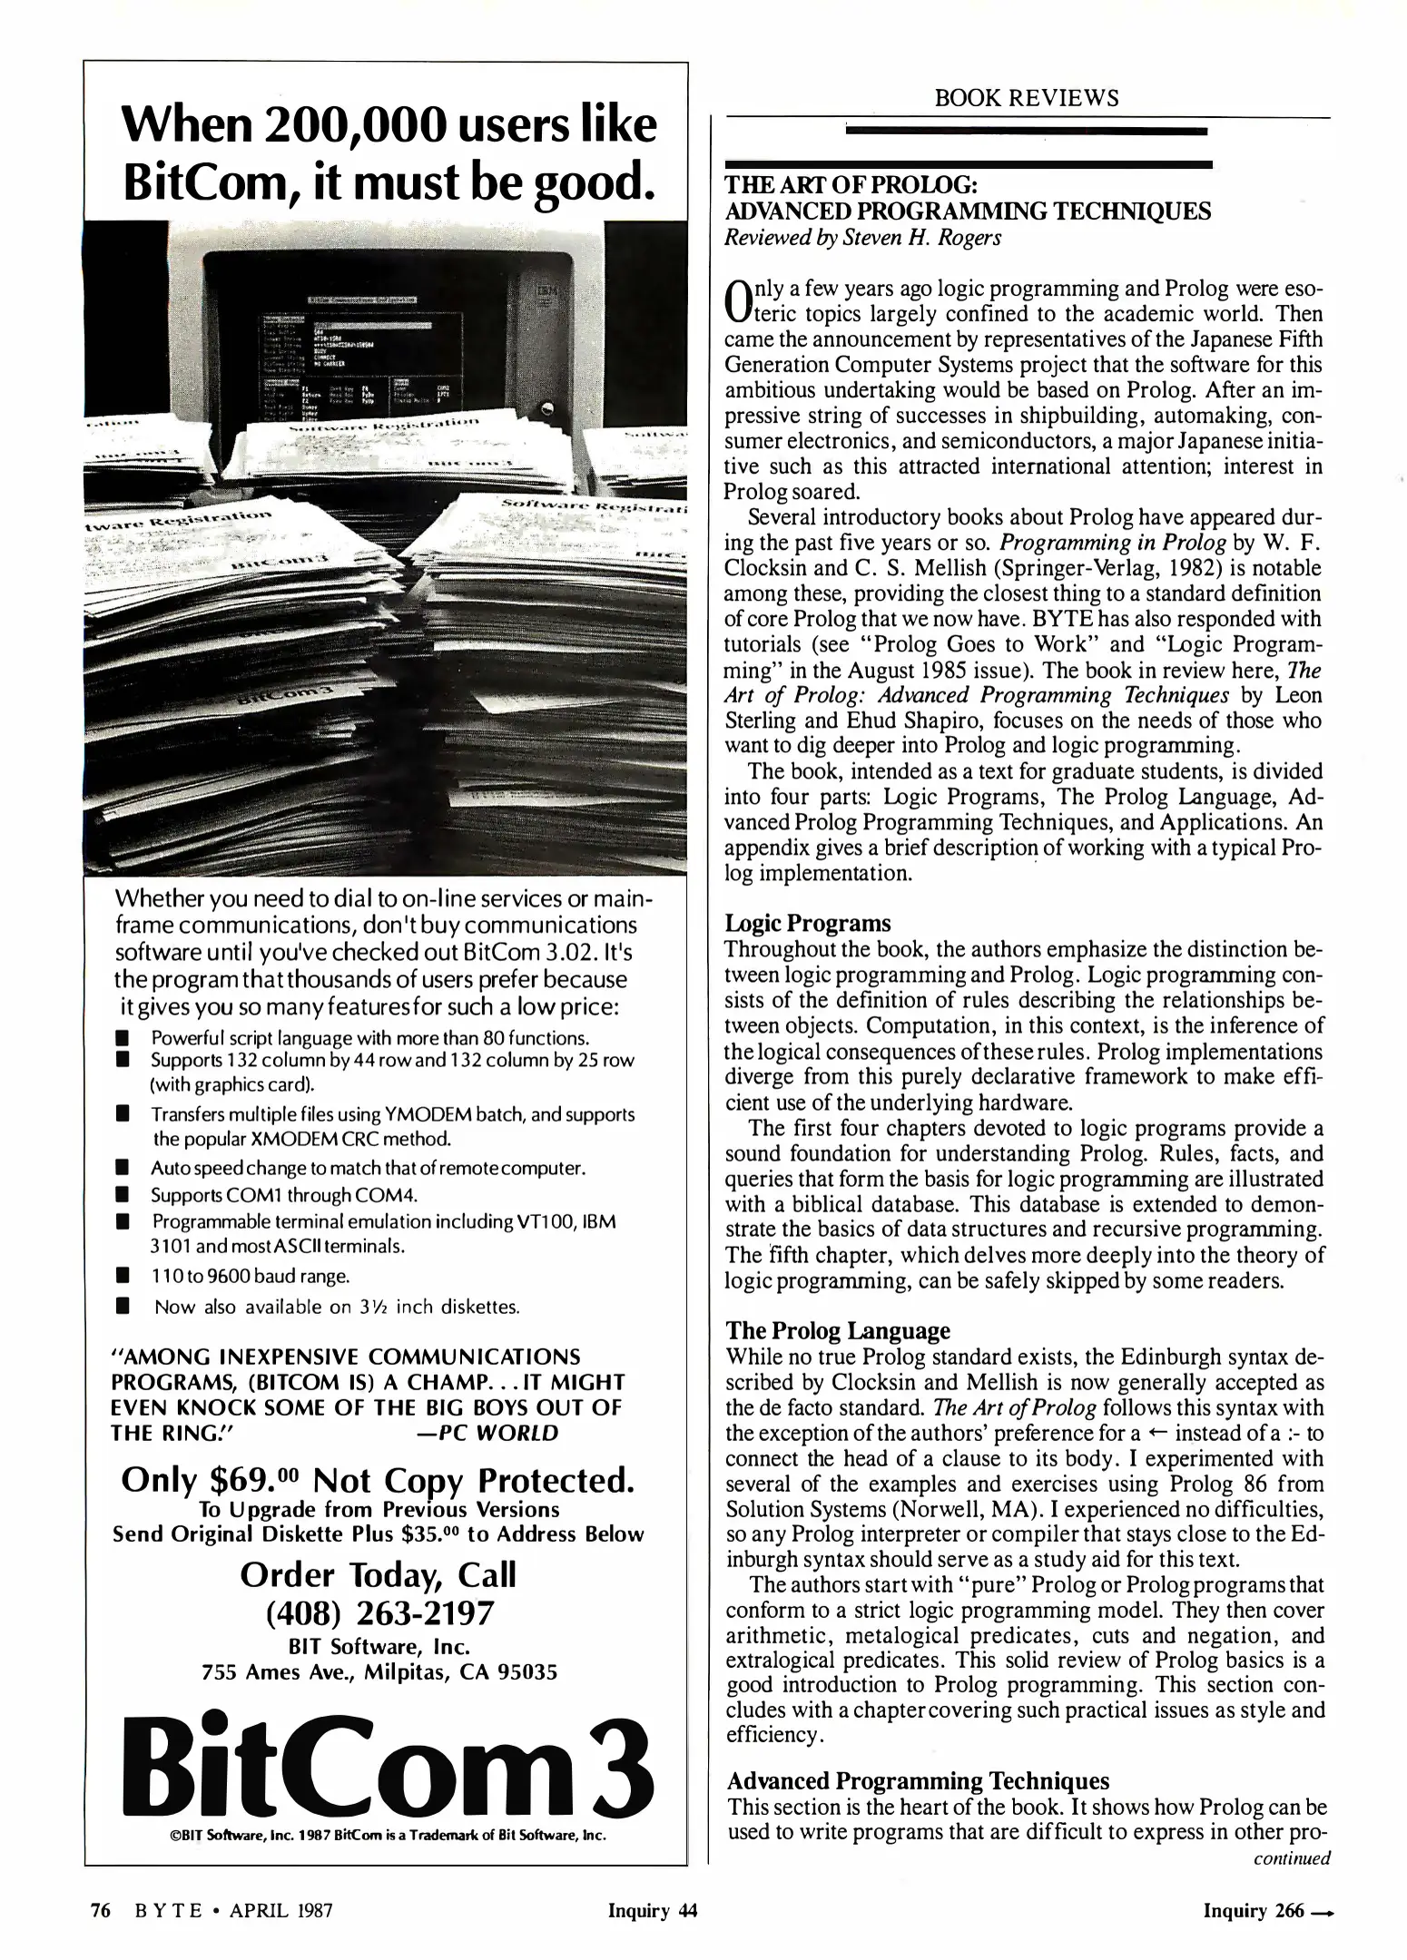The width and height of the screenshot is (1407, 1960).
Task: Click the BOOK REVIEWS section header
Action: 1027,98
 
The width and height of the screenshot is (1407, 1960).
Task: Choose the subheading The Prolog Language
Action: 838,1331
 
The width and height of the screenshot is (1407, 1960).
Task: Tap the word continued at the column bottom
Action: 1291,1857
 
